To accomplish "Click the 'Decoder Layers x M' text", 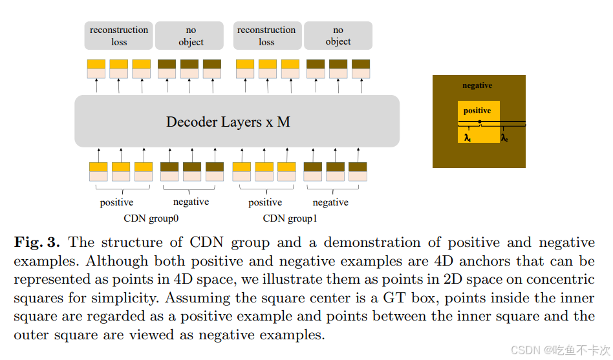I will pos(228,122).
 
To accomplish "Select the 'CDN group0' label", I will pos(151,218).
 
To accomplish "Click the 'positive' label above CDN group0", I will pos(116,202).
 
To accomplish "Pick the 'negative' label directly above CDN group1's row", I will pos(330,202).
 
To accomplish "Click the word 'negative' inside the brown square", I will pos(477,85).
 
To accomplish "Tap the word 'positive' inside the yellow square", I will pos(477,111).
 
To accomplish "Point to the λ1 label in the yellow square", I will pos(467,138).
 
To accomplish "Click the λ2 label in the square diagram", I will pos(504,138).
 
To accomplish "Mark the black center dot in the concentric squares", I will pos(479,122).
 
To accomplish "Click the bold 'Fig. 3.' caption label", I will pos(37,242).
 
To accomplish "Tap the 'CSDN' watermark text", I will pos(525,350).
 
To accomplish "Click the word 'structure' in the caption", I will pos(128,242).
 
